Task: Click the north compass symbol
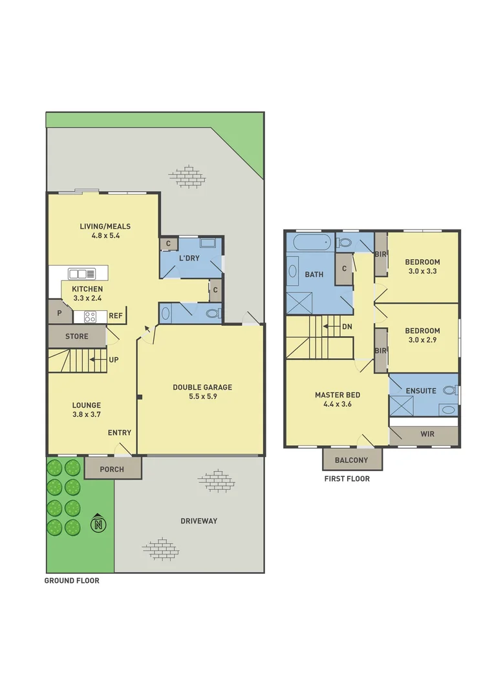pyautogui.click(x=98, y=522)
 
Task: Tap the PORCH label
pyautogui.click(x=113, y=469)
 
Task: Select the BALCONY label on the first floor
pyautogui.click(x=352, y=460)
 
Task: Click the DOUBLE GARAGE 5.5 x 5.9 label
pyautogui.click(x=202, y=392)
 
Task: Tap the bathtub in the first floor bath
pyautogui.click(x=312, y=243)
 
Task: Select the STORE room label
pyautogui.click(x=76, y=336)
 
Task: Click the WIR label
pyautogui.click(x=427, y=434)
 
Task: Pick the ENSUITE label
pyautogui.click(x=421, y=390)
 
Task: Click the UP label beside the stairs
pyautogui.click(x=113, y=359)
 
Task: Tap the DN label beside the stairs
pyautogui.click(x=347, y=326)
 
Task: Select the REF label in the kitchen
pyautogui.click(x=116, y=316)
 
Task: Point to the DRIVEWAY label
pyautogui.click(x=199, y=521)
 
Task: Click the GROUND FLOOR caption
pyautogui.click(x=72, y=580)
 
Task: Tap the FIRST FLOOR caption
pyautogui.click(x=347, y=479)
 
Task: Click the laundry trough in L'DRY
pyautogui.click(x=209, y=244)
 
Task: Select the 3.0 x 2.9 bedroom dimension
pyautogui.click(x=422, y=340)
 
